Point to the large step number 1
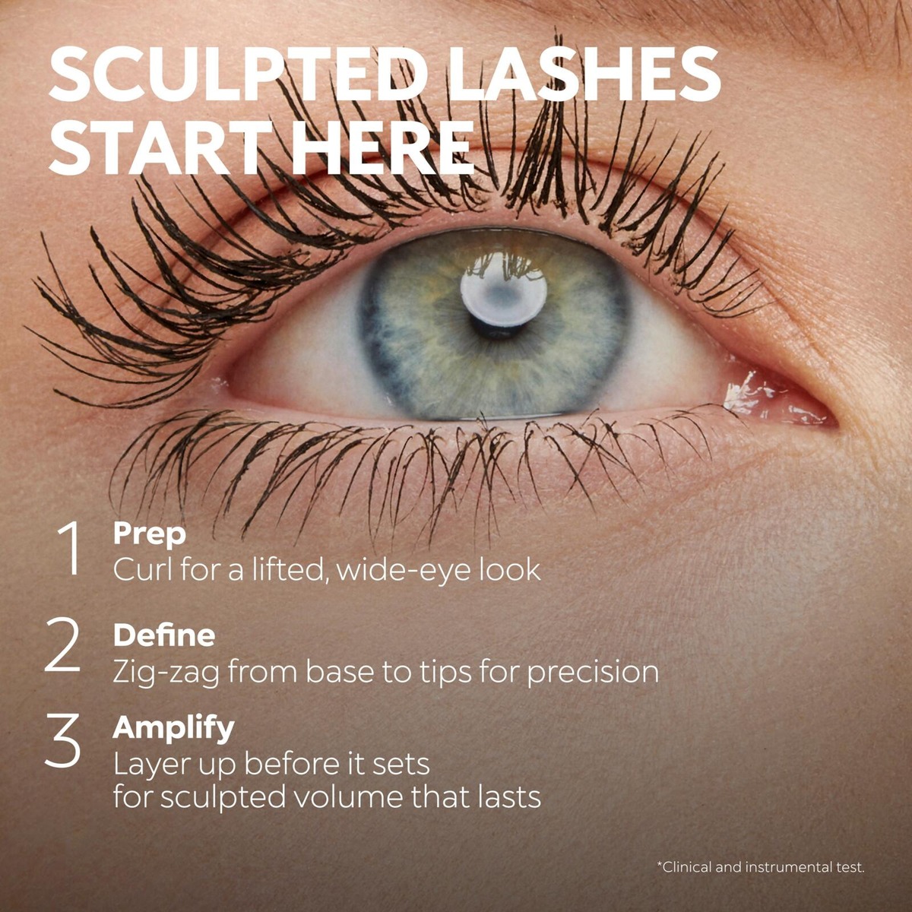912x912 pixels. pos(70,548)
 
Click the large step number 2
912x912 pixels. pos(63,647)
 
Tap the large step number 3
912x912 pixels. pos(63,741)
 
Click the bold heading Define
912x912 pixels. pos(164,635)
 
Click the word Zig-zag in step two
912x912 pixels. pos(166,673)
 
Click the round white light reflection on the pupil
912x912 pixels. pos(504,294)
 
